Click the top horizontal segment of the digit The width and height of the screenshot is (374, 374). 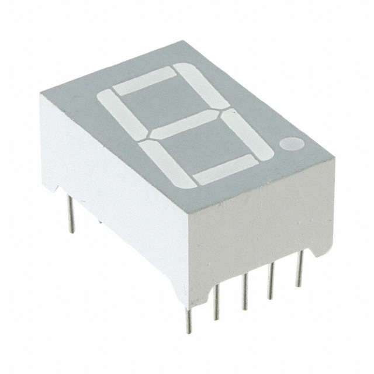pos(144,81)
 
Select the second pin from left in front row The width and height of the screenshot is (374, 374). pos(216,304)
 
